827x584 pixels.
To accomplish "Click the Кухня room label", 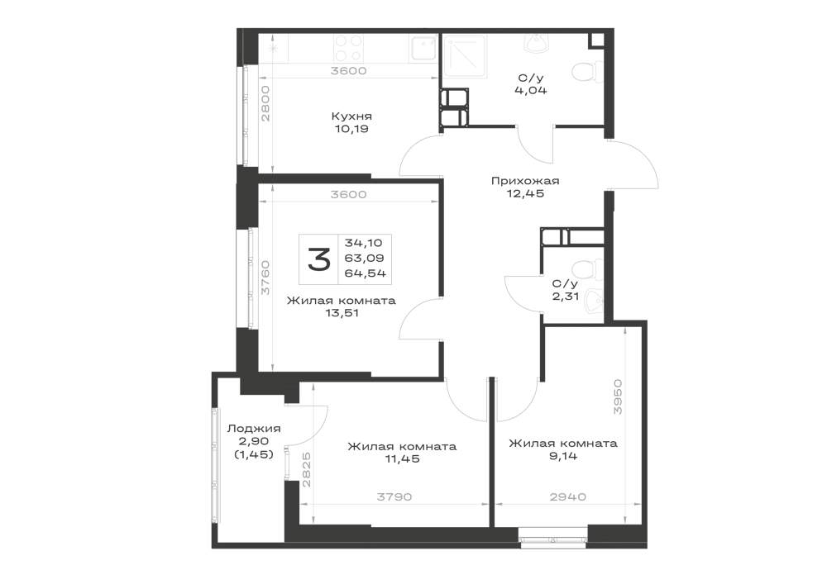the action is pos(351,116).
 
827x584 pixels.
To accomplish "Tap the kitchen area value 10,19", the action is pos(351,129).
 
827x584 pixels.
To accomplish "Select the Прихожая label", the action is pos(525,181).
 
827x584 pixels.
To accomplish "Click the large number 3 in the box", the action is pos(319,259).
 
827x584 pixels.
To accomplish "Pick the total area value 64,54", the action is pos(365,273).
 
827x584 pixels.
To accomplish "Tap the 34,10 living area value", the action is pos(363,244).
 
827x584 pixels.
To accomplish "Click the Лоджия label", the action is pos(254,429).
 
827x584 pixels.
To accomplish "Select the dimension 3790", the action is pos(394,496).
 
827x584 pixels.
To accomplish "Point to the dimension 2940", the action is pos(568,496).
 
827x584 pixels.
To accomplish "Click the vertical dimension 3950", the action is pos(618,396).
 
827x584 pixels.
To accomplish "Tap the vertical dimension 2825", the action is pos(307,469).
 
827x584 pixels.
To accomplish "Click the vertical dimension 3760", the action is pos(265,277).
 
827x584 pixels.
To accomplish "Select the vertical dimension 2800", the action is pos(265,104).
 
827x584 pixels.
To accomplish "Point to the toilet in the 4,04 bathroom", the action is pos(587,73).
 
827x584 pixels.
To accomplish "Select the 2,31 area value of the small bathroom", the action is pos(566,297).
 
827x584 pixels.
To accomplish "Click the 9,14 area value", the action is pos(562,456).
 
